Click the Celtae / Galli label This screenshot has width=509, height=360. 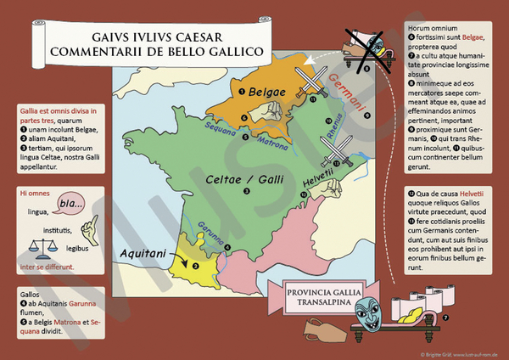246,179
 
